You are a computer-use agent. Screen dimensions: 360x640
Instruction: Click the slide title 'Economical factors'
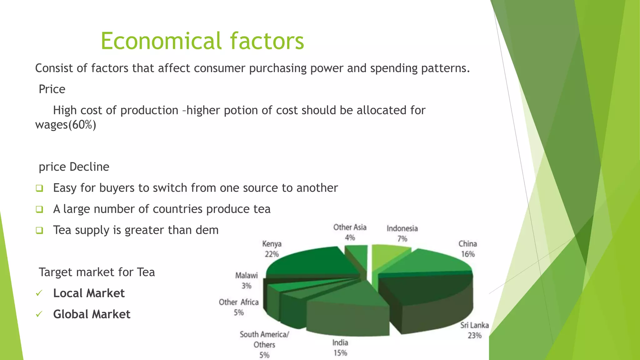point(202,41)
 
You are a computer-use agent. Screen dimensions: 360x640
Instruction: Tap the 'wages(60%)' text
point(66,125)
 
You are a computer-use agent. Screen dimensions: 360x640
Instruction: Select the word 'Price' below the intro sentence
point(52,89)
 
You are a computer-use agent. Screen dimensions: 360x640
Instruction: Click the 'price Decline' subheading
point(74,167)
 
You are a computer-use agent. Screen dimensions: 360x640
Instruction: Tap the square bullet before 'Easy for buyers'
point(39,188)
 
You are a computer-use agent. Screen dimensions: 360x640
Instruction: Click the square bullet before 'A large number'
point(39,209)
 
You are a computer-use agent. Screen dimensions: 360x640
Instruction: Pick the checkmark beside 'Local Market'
point(39,293)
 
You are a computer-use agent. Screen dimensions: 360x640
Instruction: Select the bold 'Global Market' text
point(92,314)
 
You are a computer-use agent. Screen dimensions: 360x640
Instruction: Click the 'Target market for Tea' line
point(97,272)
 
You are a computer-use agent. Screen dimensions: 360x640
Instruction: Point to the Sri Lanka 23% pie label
point(474,330)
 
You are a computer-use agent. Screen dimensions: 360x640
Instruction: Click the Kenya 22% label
point(272,249)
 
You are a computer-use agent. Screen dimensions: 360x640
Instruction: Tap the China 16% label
point(467,249)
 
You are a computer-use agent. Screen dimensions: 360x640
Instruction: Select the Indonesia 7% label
point(402,233)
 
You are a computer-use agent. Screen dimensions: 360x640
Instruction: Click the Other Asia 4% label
point(350,232)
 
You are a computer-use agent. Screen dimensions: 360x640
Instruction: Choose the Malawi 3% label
point(246,280)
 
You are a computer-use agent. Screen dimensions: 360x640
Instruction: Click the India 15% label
point(340,347)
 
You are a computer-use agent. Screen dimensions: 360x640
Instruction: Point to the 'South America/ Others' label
point(264,344)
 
